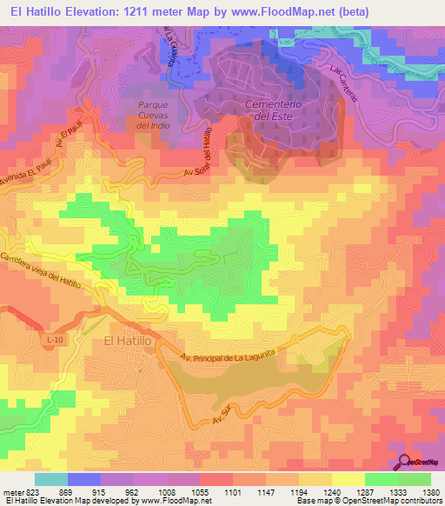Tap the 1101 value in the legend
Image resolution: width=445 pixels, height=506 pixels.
[x=232, y=492]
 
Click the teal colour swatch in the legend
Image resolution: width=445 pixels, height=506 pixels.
[x=50, y=479]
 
